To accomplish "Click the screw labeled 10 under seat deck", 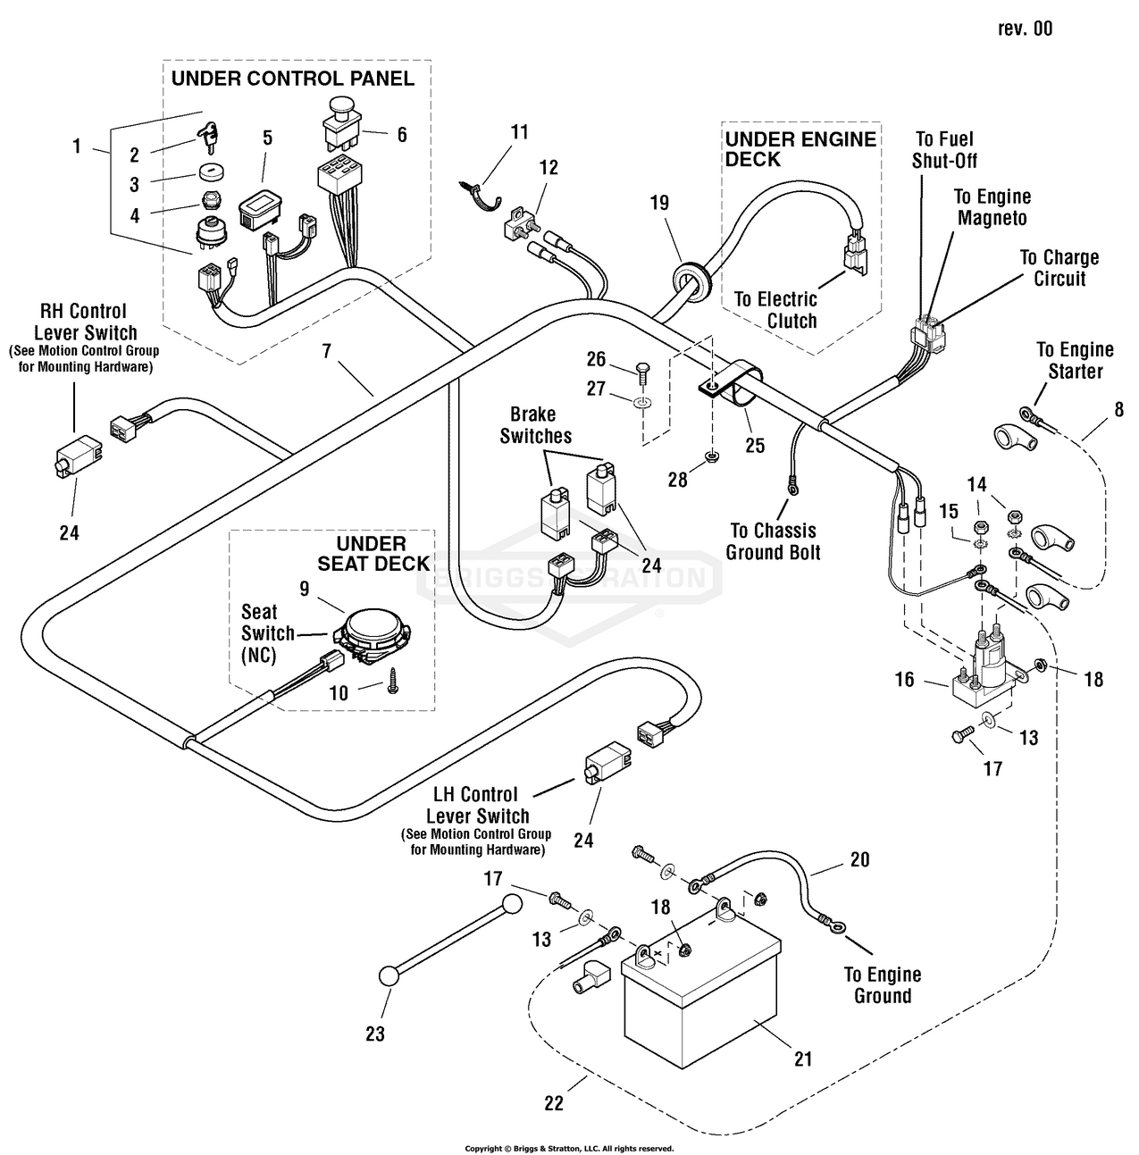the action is [x=393, y=681].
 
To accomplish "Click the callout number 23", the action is [x=375, y=1034].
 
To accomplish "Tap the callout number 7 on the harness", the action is [x=326, y=351].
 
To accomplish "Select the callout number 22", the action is [x=554, y=1103].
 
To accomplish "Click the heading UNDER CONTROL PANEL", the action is [x=292, y=79].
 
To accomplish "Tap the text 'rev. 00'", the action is [x=1026, y=29].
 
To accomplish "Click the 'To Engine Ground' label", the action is [x=883, y=984].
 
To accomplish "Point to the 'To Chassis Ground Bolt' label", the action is [x=774, y=541].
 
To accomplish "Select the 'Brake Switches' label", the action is [x=536, y=425].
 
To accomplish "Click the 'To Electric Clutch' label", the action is [x=776, y=310].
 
